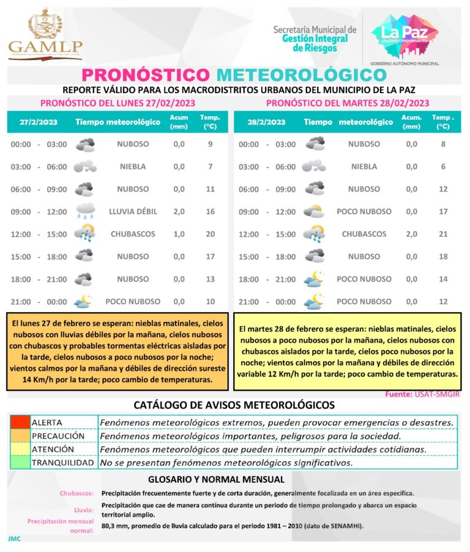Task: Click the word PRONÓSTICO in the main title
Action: pyautogui.click(x=145, y=75)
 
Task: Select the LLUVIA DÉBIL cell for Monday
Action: pyautogui.click(x=133, y=212)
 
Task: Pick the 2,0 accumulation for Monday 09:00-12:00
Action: pyautogui.click(x=179, y=212)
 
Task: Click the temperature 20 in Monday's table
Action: pyautogui.click(x=211, y=234)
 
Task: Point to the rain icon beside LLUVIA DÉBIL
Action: pyautogui.click(x=84, y=212)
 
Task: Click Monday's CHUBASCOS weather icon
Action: pyautogui.click(x=84, y=234)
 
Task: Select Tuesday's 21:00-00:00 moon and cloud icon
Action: pyautogui.click(x=315, y=302)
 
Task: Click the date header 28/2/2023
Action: pyautogui.click(x=266, y=122)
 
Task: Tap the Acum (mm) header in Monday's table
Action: pyautogui.click(x=179, y=122)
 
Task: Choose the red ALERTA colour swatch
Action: pyautogui.click(x=20, y=422)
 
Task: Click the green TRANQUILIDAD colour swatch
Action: pyautogui.click(x=20, y=463)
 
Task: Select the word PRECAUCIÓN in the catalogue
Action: pyautogui.click(x=58, y=436)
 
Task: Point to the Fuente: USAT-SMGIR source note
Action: pyautogui.click(x=422, y=395)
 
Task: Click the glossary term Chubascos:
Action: pyautogui.click(x=76, y=493)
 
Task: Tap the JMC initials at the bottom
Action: pyautogui.click(x=15, y=539)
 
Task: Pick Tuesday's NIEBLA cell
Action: pyautogui.click(x=364, y=166)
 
